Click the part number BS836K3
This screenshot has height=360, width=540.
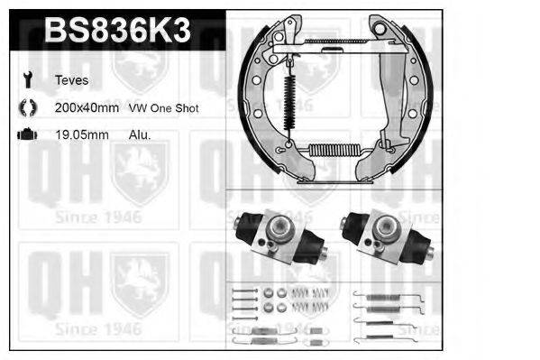pyautogui.click(x=117, y=32)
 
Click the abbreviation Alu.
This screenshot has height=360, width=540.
pyautogui.click(x=141, y=134)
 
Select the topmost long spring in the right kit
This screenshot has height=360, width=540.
pyautogui.click(x=384, y=294)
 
